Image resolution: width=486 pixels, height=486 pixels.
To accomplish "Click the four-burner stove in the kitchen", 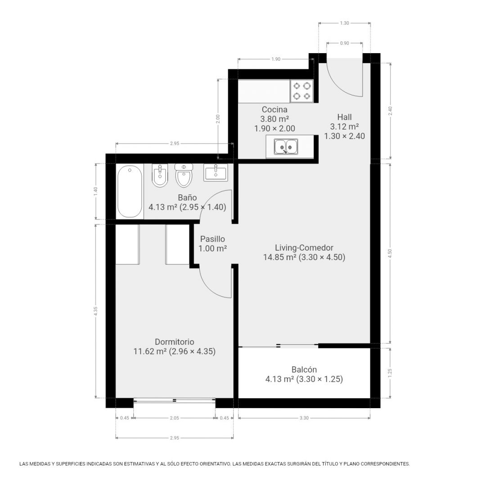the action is [302, 91].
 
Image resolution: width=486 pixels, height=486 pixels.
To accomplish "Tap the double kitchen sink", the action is [286, 147].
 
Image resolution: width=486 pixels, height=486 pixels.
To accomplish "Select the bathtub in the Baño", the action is [130, 192].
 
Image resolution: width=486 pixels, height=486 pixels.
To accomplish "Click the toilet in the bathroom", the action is [184, 175].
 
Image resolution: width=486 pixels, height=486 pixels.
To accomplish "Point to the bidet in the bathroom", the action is [160, 175].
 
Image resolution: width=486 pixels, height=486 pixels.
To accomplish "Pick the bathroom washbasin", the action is [216, 173].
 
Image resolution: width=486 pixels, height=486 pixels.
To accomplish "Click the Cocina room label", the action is [274, 109].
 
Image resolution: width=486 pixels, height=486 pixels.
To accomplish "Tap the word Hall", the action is [344, 117].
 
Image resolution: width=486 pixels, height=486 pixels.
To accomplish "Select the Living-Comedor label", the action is [304, 247].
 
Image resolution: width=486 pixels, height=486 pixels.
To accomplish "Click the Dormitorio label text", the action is [175, 342].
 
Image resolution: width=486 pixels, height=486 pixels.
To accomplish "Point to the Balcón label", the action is [304, 369].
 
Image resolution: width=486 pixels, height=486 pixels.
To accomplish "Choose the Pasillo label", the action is [212, 239].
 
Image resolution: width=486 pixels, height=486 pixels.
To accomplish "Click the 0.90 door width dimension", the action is [344, 43].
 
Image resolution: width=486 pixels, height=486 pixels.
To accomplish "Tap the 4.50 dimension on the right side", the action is [390, 253].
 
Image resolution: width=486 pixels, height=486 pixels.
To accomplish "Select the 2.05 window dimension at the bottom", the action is [175, 418].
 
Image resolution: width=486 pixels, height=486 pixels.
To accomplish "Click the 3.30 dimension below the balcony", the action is [304, 418].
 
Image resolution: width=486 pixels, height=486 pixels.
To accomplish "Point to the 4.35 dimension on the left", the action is [96, 311].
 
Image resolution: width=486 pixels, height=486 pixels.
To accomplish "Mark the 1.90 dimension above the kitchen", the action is [275, 59].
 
